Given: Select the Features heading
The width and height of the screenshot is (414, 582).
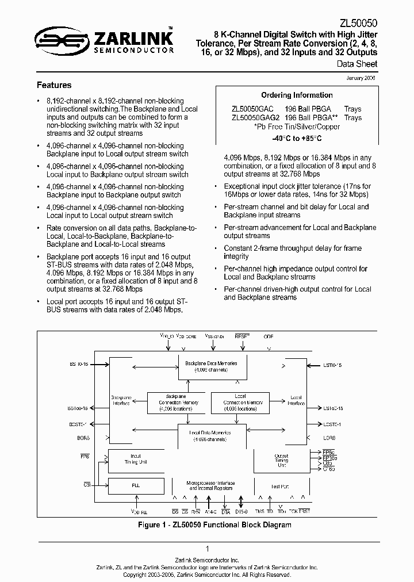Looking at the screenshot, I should (x=54, y=85).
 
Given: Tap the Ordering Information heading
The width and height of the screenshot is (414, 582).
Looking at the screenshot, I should (x=297, y=95).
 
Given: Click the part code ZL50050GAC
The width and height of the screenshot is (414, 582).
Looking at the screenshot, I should (x=251, y=109).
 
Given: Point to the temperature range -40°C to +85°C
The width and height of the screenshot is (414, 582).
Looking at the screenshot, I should (x=297, y=139).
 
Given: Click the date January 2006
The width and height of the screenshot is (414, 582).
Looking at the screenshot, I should (x=362, y=78).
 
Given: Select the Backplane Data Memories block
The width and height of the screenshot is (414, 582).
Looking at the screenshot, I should (x=207, y=366).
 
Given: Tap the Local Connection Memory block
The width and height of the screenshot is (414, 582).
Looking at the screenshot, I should (x=240, y=403).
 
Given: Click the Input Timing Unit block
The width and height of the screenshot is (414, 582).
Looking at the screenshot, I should (x=136, y=459).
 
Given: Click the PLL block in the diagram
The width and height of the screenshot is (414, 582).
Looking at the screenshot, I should (x=136, y=485).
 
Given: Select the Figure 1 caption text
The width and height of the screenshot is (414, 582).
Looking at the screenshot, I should (x=214, y=524).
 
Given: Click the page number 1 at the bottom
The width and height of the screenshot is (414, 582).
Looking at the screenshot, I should (x=207, y=549).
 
